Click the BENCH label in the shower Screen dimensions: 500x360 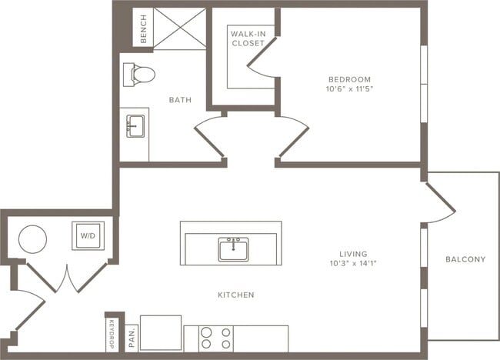[x=144, y=29]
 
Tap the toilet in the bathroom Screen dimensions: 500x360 [x=139, y=75]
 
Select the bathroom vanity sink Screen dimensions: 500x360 [x=135, y=126]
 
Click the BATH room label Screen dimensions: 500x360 [x=180, y=100]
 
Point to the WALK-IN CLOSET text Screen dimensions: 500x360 [x=248, y=38]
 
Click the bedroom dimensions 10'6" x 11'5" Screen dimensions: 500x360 [x=349, y=89]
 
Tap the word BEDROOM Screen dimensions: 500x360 [x=349, y=79]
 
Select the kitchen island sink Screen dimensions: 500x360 [x=234, y=249]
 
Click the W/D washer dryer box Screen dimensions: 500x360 [x=88, y=236]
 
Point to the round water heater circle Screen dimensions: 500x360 [x=33, y=239]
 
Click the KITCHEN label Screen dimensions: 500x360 [x=236, y=295]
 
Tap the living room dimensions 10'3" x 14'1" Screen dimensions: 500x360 [x=353, y=263]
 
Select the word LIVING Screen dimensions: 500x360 [x=353, y=254]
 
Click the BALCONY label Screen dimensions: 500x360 [x=465, y=259]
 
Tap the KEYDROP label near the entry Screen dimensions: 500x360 [x=112, y=334]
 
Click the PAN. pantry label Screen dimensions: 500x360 [x=132, y=338]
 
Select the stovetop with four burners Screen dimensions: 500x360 [x=216, y=338]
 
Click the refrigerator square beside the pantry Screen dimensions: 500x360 [x=161, y=333]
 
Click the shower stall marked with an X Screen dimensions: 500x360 [x=180, y=28]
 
